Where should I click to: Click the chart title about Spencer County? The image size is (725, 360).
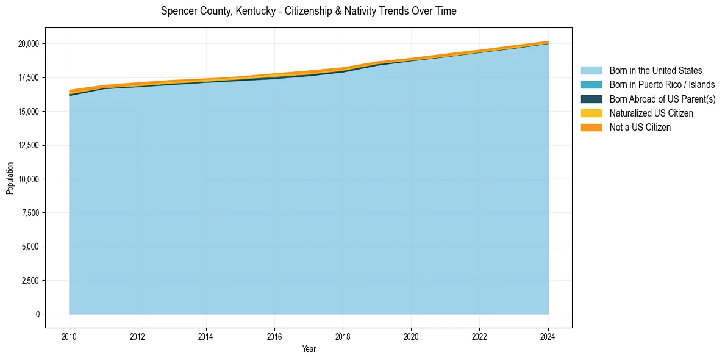point(309,11)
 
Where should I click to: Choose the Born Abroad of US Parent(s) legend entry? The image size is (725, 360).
point(662,99)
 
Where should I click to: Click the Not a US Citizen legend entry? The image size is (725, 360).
point(640,128)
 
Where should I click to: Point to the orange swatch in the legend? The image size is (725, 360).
point(591,128)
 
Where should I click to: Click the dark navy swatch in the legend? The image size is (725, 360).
point(591,99)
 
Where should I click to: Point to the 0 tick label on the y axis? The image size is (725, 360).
point(37,314)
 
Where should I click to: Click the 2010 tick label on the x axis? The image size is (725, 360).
point(70,336)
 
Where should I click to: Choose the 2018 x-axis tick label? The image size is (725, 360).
point(343,336)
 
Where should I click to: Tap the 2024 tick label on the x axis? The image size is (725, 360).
point(548,336)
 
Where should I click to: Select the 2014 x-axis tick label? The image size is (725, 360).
point(206,336)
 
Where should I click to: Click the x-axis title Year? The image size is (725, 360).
point(309,349)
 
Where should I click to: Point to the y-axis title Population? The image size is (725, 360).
point(10,178)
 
